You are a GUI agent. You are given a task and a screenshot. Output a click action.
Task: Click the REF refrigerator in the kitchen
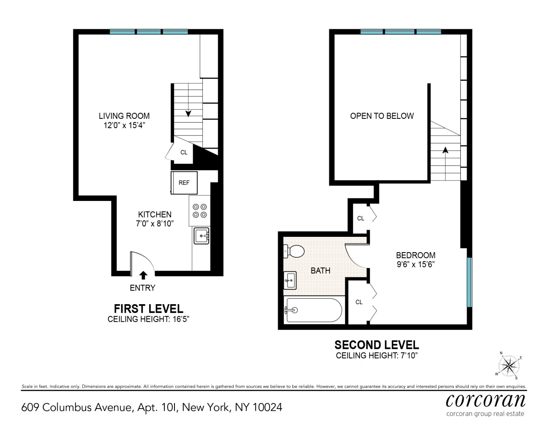point(184,183)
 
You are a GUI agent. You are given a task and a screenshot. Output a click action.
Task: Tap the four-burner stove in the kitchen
point(199,211)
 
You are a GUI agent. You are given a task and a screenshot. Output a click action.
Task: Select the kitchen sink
point(201,235)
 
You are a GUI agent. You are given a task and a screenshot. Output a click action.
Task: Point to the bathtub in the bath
point(313,310)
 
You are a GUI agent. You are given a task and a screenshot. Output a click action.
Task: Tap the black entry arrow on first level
point(143,275)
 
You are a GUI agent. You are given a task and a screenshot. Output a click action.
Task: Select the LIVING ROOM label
point(124,116)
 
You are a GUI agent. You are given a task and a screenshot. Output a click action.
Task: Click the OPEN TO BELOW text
point(382,116)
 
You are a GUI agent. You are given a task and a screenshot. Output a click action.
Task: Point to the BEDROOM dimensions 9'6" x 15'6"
point(415,264)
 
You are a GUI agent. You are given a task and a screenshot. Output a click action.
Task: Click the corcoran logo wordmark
point(485,400)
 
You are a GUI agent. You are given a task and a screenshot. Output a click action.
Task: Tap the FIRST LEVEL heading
point(148,309)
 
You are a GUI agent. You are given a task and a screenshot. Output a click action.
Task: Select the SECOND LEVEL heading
point(376,345)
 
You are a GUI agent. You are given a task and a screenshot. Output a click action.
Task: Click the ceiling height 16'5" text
point(148,319)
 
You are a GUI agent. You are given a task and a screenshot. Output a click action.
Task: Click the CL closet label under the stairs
point(184,152)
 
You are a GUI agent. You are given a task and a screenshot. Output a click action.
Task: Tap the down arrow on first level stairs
point(188,113)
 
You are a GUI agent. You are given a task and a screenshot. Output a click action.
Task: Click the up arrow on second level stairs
point(445,150)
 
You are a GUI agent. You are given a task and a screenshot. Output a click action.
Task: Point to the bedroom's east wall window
point(469,282)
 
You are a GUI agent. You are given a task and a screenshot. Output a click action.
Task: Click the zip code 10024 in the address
point(267,407)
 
